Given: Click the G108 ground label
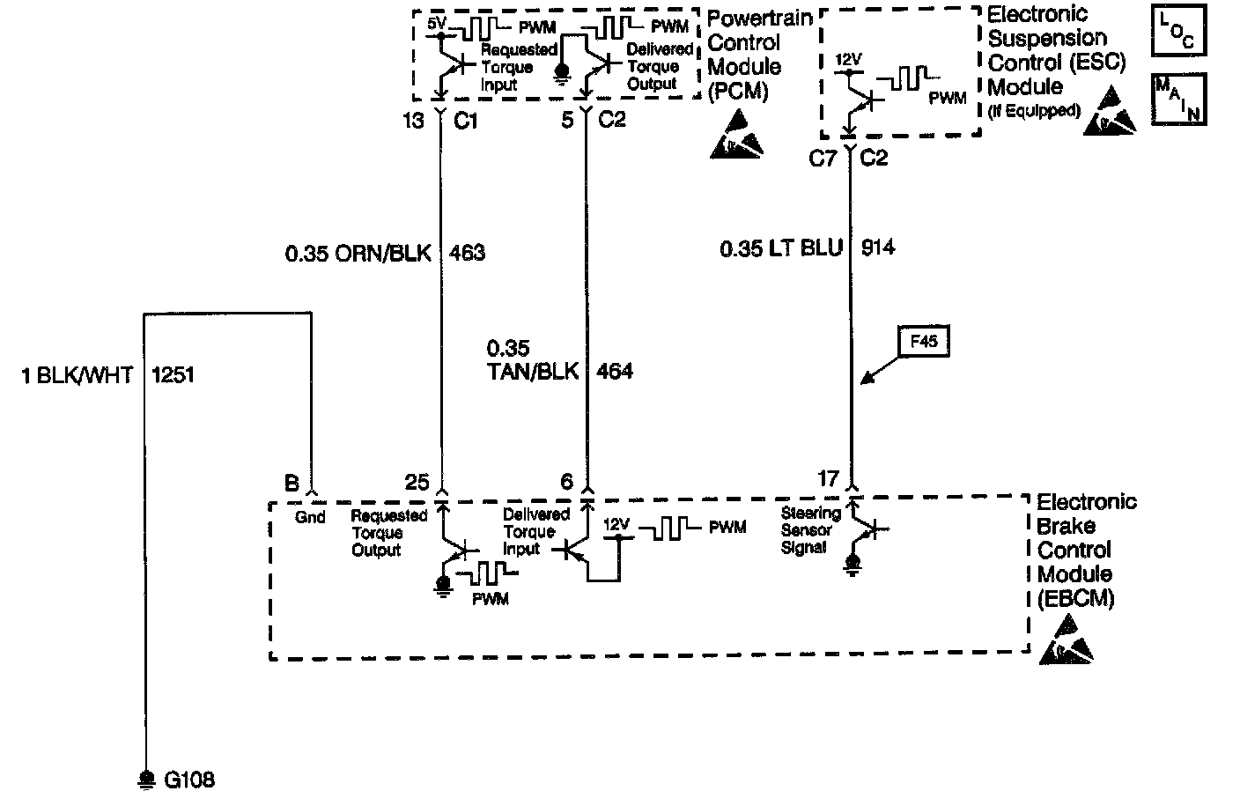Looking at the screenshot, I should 188,780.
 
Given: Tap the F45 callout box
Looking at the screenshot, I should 923,341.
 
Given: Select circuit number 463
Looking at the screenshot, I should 467,254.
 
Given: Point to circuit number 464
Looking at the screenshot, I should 614,372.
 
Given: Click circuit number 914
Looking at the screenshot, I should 878,248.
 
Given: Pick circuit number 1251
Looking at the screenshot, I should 173,376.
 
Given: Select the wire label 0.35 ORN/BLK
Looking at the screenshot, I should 358,254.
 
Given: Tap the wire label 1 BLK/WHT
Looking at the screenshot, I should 77,376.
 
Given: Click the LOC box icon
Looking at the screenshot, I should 1177,33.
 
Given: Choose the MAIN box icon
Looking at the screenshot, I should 1177,99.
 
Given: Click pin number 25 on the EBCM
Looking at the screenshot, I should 417,483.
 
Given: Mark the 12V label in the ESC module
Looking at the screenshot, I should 848,60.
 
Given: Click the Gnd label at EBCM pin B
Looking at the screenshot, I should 310,518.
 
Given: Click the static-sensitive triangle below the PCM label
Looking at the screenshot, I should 736,140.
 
